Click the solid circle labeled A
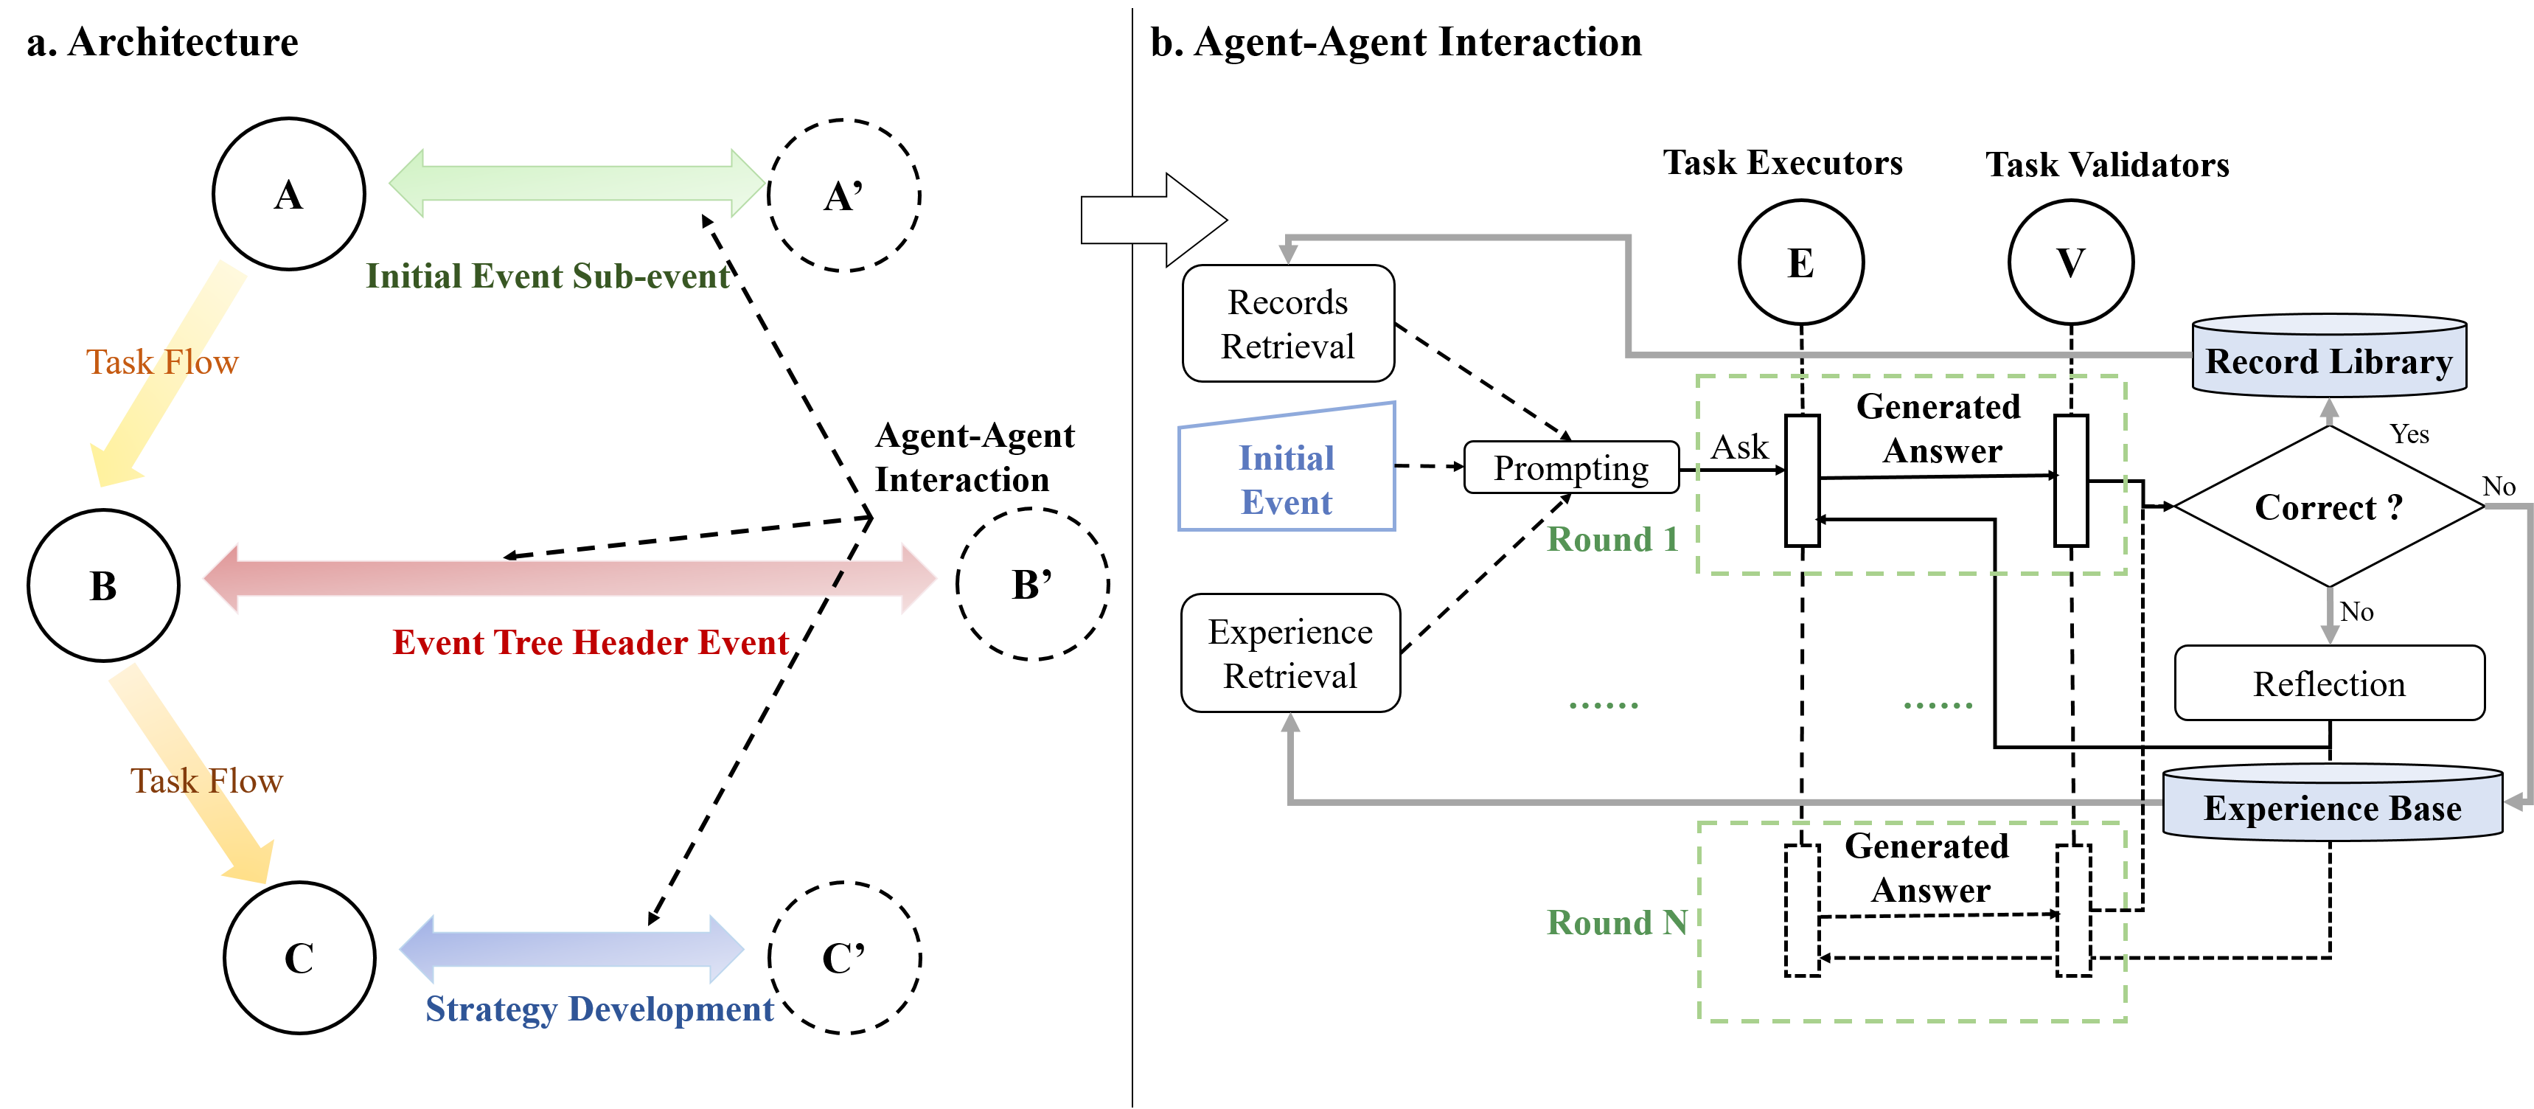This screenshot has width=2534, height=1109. tap(288, 194)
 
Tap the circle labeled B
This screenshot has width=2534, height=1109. tap(103, 585)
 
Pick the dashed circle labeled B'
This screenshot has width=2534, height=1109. tap(1032, 585)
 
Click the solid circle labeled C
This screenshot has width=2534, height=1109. tap(299, 957)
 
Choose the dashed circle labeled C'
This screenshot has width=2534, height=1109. tap(844, 957)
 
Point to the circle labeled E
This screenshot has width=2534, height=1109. tap(1800, 262)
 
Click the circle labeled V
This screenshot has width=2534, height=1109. tap(2071, 262)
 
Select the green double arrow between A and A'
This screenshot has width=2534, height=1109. tap(577, 183)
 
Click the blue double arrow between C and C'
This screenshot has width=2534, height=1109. tap(571, 950)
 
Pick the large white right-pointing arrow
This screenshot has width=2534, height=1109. tap(1152, 220)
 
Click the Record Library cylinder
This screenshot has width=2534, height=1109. tap(2328, 357)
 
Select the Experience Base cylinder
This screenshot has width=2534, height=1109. tap(2331, 804)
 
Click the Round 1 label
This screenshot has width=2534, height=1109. tap(1611, 539)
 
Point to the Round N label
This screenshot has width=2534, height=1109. tap(1616, 922)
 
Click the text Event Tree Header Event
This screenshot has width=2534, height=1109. tap(591, 642)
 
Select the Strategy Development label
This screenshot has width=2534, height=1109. tap(599, 1009)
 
